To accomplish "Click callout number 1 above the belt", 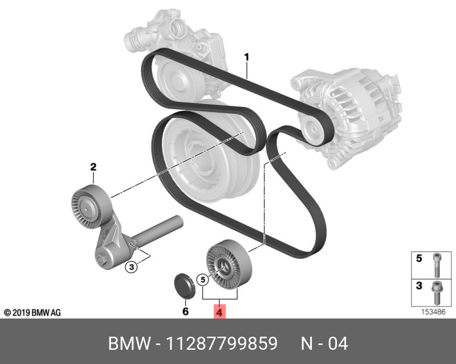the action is tap(247, 57).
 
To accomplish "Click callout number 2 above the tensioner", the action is tap(93, 167).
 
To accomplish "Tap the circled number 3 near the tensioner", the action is tap(131, 267).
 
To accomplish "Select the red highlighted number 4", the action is tap(219, 312).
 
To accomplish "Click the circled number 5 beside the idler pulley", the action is tap(203, 280).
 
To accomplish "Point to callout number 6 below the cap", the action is tap(185, 312).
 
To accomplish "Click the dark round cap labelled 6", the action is tap(184, 286).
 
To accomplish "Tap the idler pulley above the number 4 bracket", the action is tap(229, 264).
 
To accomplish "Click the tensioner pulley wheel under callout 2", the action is tap(91, 206).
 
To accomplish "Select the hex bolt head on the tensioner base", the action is tap(102, 258).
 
